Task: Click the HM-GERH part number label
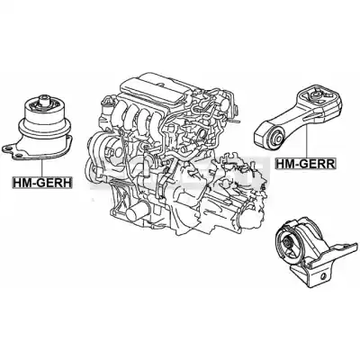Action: coord(41,183)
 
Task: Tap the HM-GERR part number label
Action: coord(305,164)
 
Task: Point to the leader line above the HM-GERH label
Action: coord(42,168)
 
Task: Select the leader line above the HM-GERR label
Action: coord(307,139)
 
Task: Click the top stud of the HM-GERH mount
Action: coord(45,99)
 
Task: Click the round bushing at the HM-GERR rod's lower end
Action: coord(276,137)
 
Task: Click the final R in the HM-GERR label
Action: coord(329,164)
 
